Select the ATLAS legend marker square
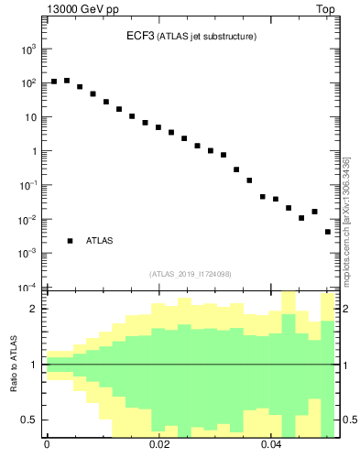70,241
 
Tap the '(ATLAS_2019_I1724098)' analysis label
191,273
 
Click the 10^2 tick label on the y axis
27,83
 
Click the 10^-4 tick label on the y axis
27,288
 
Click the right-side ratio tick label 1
344,365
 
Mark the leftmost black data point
54,82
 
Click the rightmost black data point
328,232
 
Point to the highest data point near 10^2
67,81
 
